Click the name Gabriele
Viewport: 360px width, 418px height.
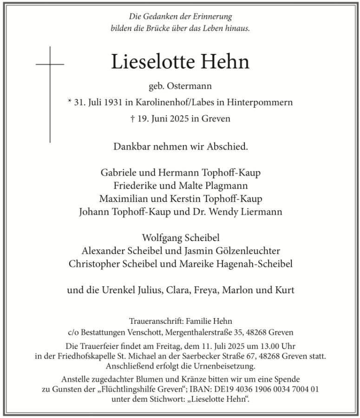119,173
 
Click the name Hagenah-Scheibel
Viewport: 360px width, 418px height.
247,264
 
